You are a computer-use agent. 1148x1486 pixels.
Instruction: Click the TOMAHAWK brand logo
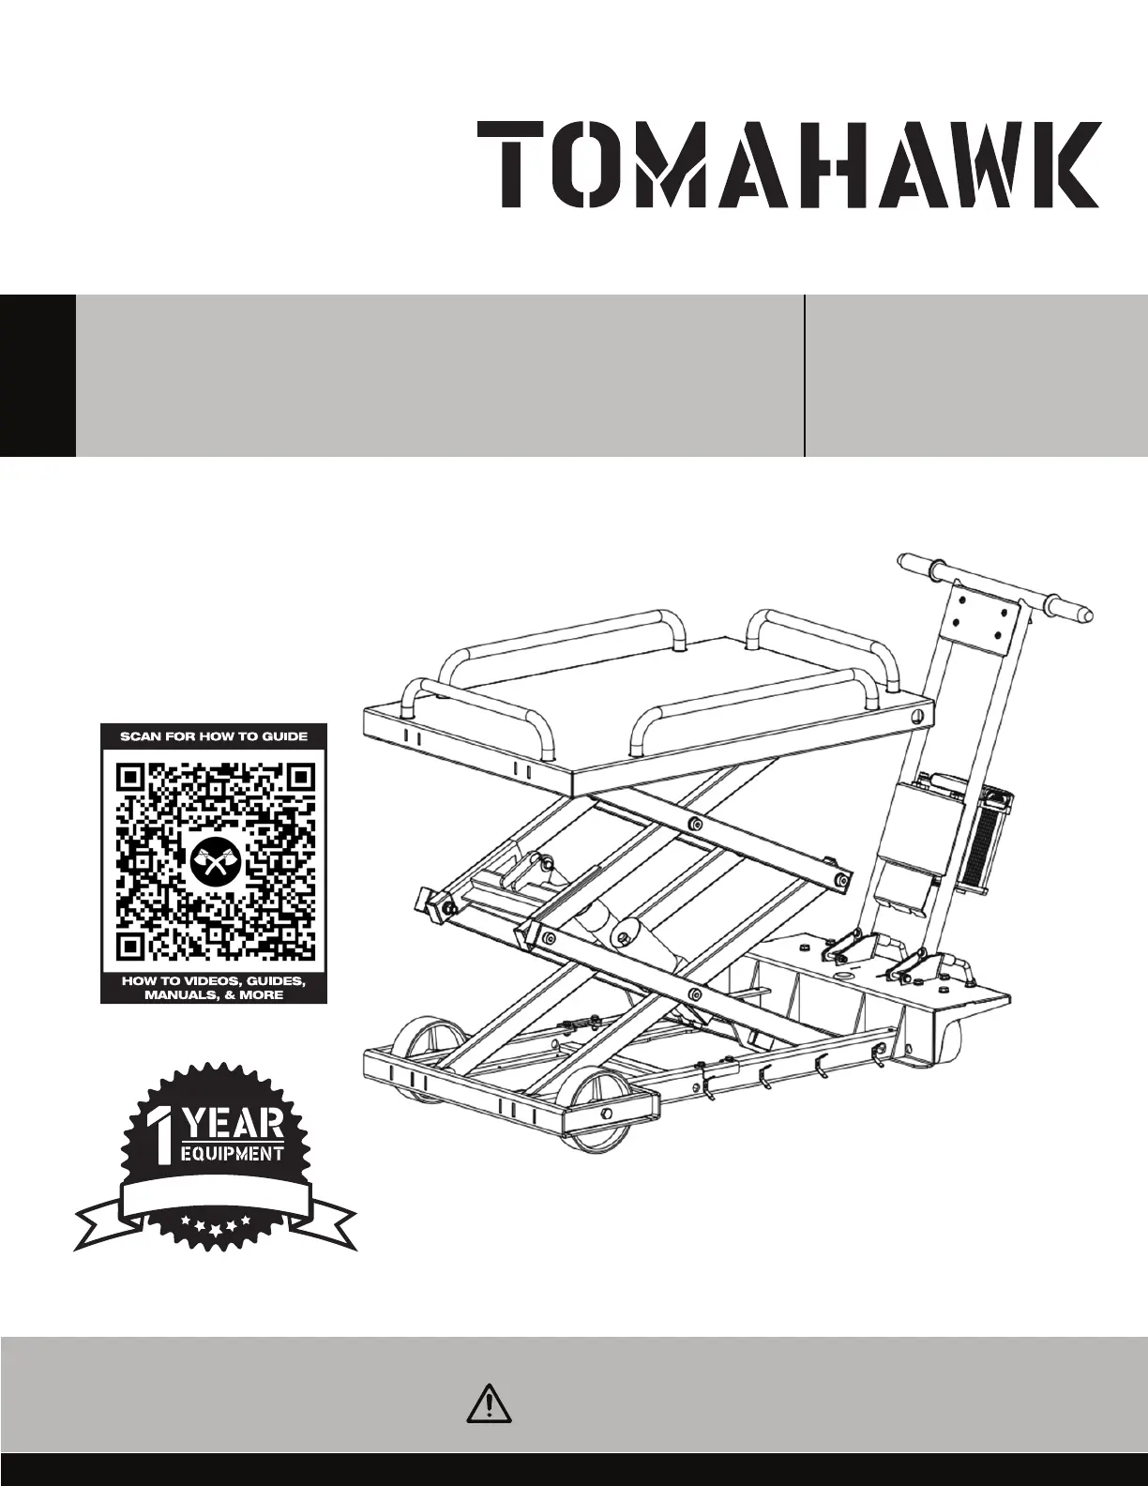[x=788, y=164]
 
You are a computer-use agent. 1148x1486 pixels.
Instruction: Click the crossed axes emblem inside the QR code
[x=215, y=861]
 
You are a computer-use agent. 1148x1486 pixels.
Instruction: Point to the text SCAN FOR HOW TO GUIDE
[x=214, y=736]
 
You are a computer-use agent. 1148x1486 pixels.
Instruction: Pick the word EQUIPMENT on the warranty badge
[x=231, y=1153]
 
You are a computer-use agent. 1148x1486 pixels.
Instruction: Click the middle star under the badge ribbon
[x=215, y=1221]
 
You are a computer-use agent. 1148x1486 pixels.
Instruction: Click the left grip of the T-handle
[x=922, y=566]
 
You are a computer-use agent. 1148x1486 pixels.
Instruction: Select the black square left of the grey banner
[x=38, y=375]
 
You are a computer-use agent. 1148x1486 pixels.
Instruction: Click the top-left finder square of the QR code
[x=132, y=779]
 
